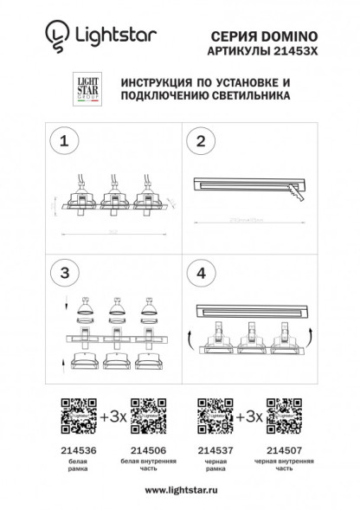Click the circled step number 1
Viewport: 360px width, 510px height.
(x=62, y=140)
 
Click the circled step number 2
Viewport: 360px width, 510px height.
(x=202, y=140)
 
